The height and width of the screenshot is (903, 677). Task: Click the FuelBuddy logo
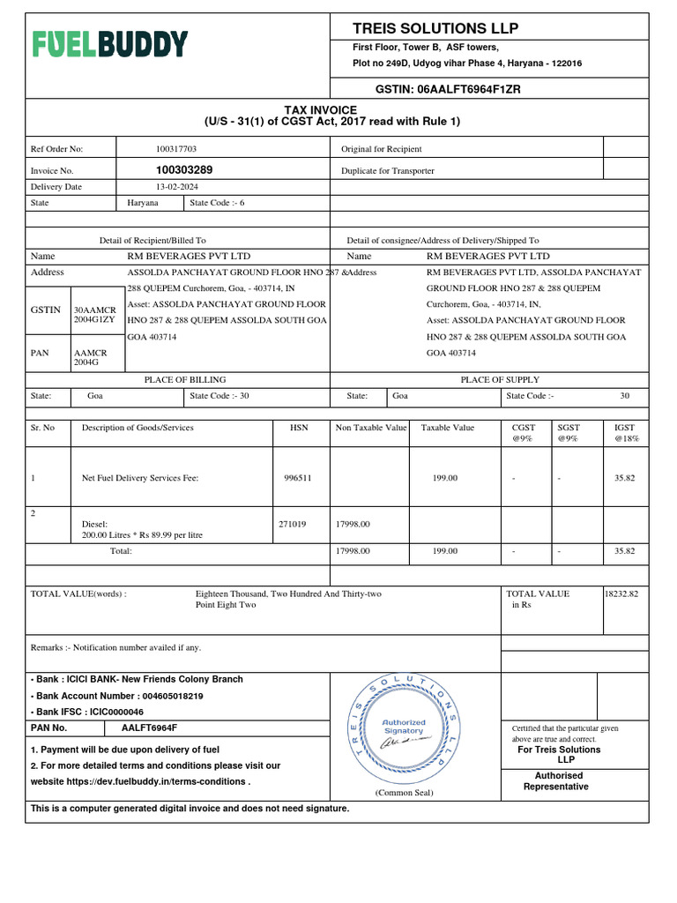click(110, 44)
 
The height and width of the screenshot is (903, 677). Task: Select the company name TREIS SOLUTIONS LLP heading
click(435, 28)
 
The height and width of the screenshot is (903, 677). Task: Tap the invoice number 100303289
click(183, 170)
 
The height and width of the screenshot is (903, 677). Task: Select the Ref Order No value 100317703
click(176, 149)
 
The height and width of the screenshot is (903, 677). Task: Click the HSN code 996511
click(298, 478)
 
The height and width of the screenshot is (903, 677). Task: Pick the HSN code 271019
click(293, 524)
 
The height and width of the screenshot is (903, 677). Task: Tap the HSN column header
click(299, 428)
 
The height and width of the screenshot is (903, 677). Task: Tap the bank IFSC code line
click(87, 712)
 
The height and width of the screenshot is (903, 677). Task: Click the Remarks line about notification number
click(115, 647)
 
